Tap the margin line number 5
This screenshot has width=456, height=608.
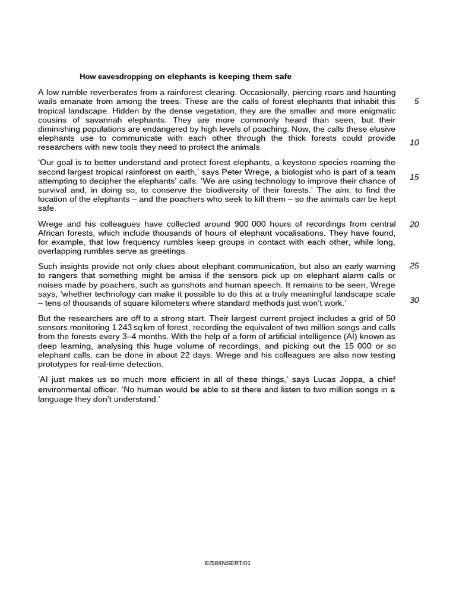(x=416, y=102)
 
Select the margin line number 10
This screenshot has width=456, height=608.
(x=414, y=142)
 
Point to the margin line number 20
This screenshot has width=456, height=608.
(x=414, y=224)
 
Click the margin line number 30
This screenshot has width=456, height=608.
(x=414, y=300)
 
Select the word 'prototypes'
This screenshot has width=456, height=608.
(x=58, y=364)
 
